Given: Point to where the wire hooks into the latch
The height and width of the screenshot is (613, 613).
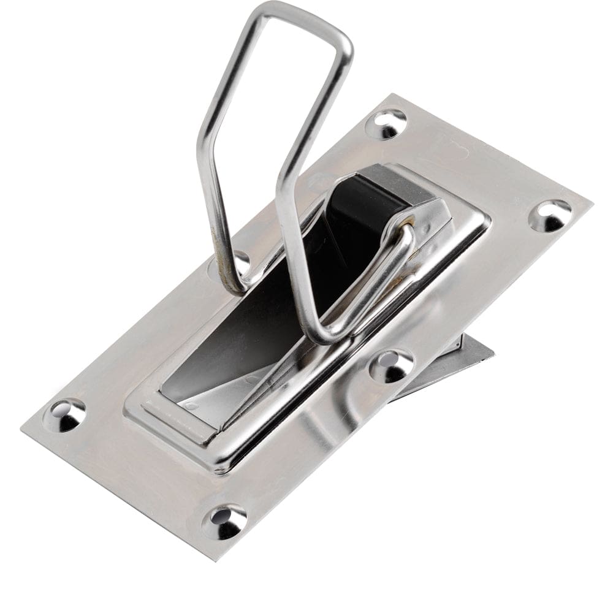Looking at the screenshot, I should (x=406, y=229).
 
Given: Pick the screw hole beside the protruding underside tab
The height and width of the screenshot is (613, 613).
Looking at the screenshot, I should (x=391, y=366).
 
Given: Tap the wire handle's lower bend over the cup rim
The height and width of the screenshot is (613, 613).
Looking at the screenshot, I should (x=325, y=336).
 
